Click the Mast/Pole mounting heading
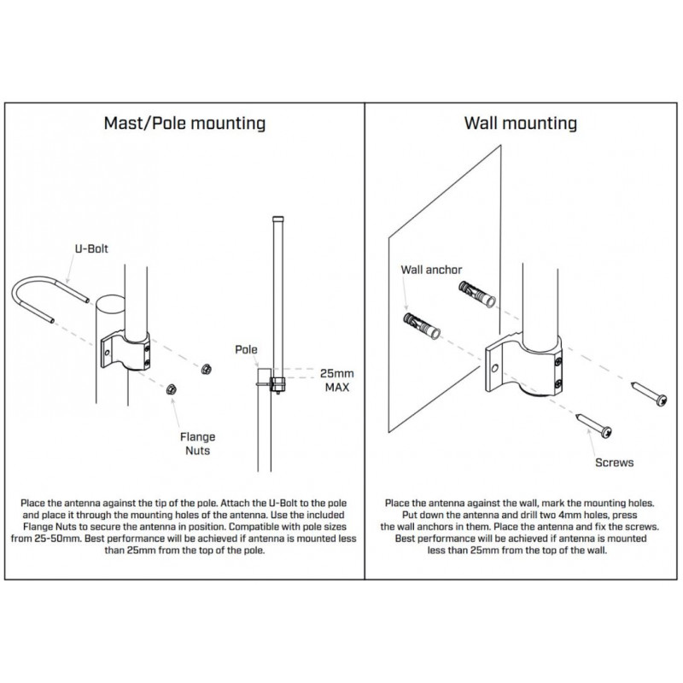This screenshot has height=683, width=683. (184, 123)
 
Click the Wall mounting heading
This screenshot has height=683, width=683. (520, 123)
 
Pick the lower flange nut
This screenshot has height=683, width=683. (170, 389)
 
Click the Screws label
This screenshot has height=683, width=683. (614, 462)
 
